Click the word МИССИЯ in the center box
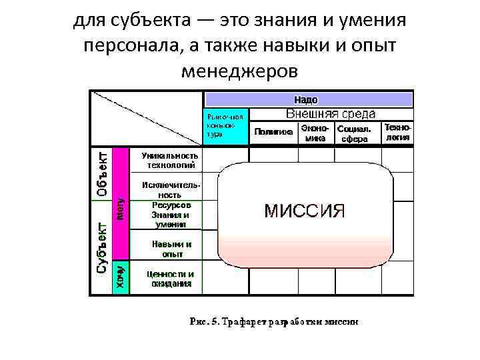305,212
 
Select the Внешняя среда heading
331,114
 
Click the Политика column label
273,132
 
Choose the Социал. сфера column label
355,133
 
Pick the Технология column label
397,132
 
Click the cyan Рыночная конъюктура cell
225,124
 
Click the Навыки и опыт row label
171,249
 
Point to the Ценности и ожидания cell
171,278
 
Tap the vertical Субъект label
101,248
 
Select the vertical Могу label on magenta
121,207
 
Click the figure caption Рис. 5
274,321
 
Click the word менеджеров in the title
239,70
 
